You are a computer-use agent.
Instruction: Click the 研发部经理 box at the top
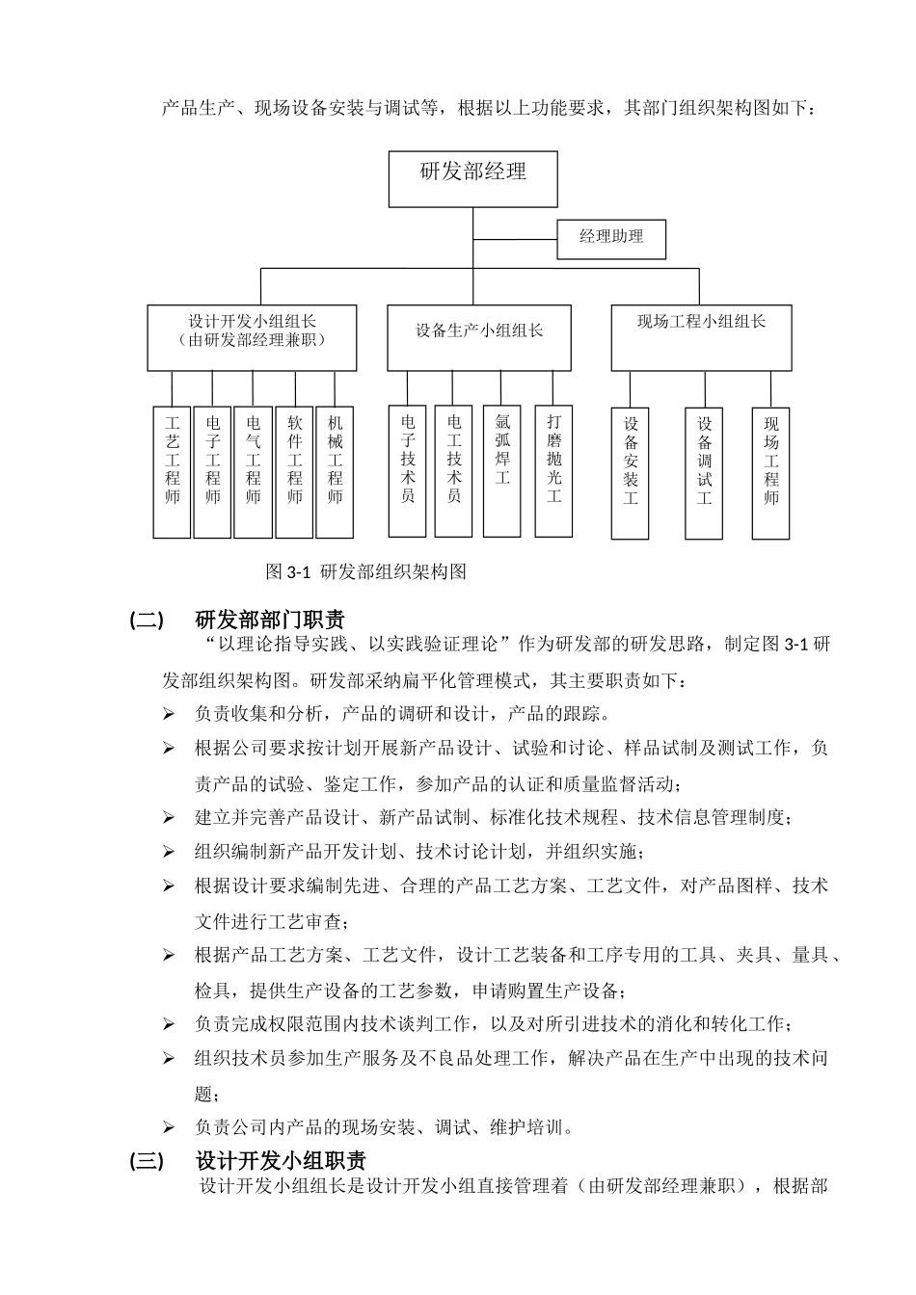[x=472, y=178]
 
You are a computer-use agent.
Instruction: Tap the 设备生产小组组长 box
[x=478, y=337]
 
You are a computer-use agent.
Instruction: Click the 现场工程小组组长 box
[x=701, y=337]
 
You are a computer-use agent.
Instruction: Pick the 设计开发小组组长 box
[x=252, y=337]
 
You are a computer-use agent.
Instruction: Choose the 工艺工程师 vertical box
[x=173, y=471]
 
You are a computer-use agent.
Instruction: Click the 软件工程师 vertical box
[x=294, y=471]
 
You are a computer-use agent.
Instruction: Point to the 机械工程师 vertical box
[x=335, y=471]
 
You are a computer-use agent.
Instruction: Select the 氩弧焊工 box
[x=501, y=470]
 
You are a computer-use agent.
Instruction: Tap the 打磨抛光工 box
[x=553, y=470]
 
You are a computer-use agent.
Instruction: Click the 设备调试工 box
[x=704, y=473]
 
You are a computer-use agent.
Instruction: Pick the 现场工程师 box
[x=770, y=473]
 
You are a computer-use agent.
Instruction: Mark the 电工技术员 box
[x=453, y=470]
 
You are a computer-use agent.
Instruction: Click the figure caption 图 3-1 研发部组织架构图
[x=365, y=572]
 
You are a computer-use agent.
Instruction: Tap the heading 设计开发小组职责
[x=280, y=1161]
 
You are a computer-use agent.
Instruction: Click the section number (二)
[x=147, y=620]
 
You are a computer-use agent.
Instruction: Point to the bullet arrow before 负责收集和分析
[x=169, y=715]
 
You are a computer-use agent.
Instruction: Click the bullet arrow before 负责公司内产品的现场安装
[x=169, y=1127]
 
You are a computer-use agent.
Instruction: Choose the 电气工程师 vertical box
[x=253, y=471]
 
